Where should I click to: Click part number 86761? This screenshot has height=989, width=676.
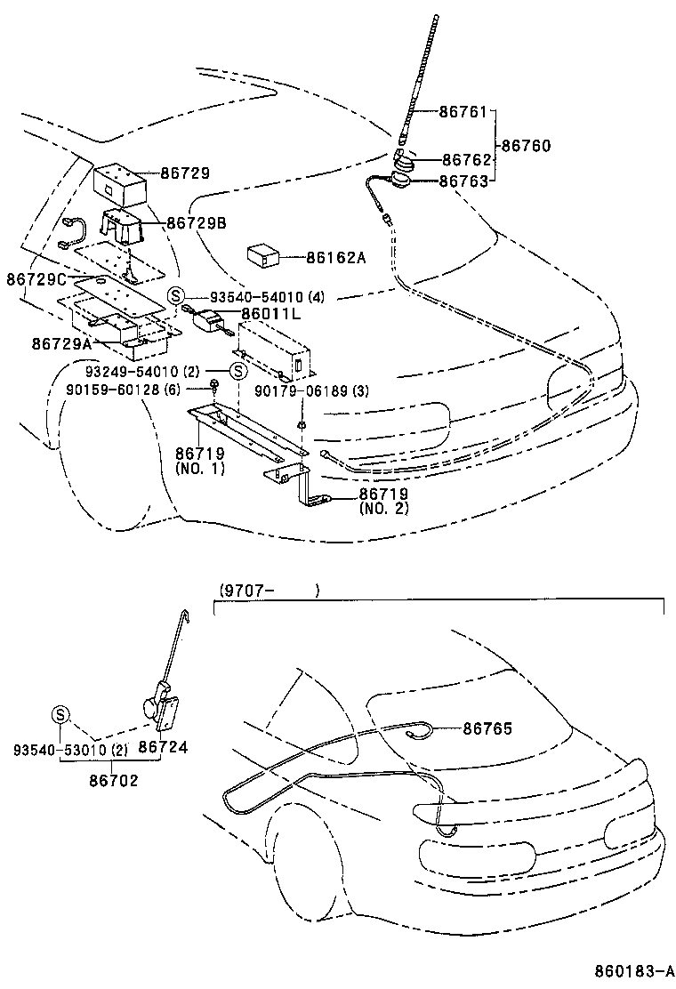463,113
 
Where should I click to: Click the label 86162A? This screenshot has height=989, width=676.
336,257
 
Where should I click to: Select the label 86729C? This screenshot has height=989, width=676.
37,280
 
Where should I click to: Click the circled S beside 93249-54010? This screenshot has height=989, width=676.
238,371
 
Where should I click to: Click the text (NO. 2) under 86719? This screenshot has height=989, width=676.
383,509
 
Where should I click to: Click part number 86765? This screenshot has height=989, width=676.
487,728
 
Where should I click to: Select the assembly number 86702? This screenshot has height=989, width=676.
113,779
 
